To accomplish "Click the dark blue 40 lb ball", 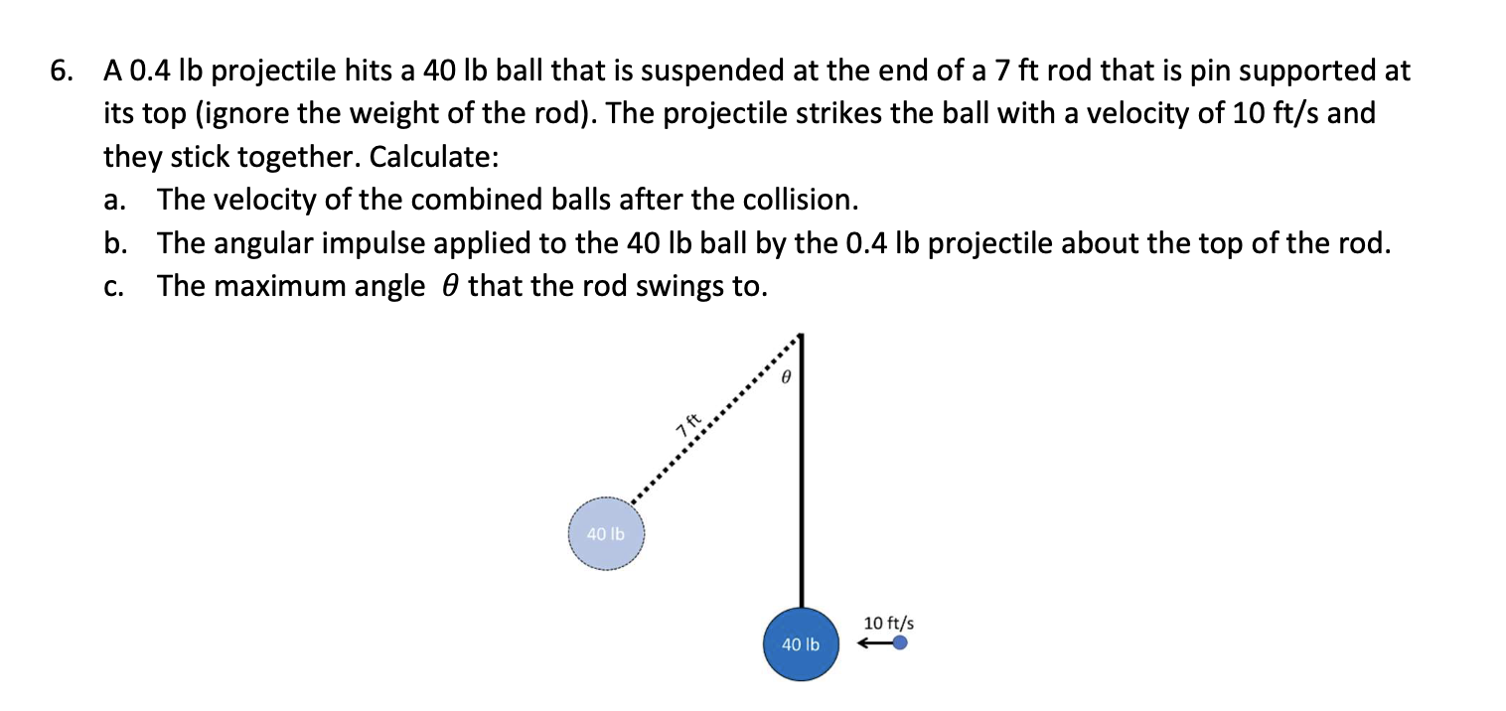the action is point(801,643).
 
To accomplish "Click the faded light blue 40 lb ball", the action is point(606,533).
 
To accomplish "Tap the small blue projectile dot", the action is point(900,642).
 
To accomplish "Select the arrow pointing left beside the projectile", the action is point(873,643).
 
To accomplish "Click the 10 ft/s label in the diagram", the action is point(888,623).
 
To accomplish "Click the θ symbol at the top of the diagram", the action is point(785,377).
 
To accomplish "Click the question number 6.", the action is point(63,71).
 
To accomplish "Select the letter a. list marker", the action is point(114,201).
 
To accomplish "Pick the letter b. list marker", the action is point(115,244).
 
